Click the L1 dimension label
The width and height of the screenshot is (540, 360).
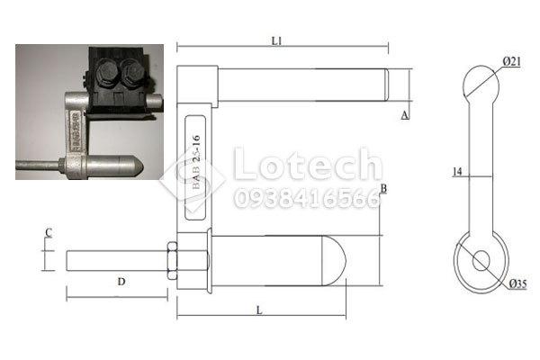point(276,41)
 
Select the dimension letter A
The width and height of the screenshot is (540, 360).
point(405,115)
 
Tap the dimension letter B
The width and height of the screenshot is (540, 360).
point(383,188)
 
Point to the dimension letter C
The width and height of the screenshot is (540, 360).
point(49,233)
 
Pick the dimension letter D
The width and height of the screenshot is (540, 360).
point(121,282)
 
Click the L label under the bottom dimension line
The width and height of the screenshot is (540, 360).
point(259,310)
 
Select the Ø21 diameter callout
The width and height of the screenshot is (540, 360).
point(512,62)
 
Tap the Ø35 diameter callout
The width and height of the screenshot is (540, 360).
point(518,283)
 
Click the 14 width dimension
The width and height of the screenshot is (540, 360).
point(458,171)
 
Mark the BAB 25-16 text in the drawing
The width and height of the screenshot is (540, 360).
point(195,162)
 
